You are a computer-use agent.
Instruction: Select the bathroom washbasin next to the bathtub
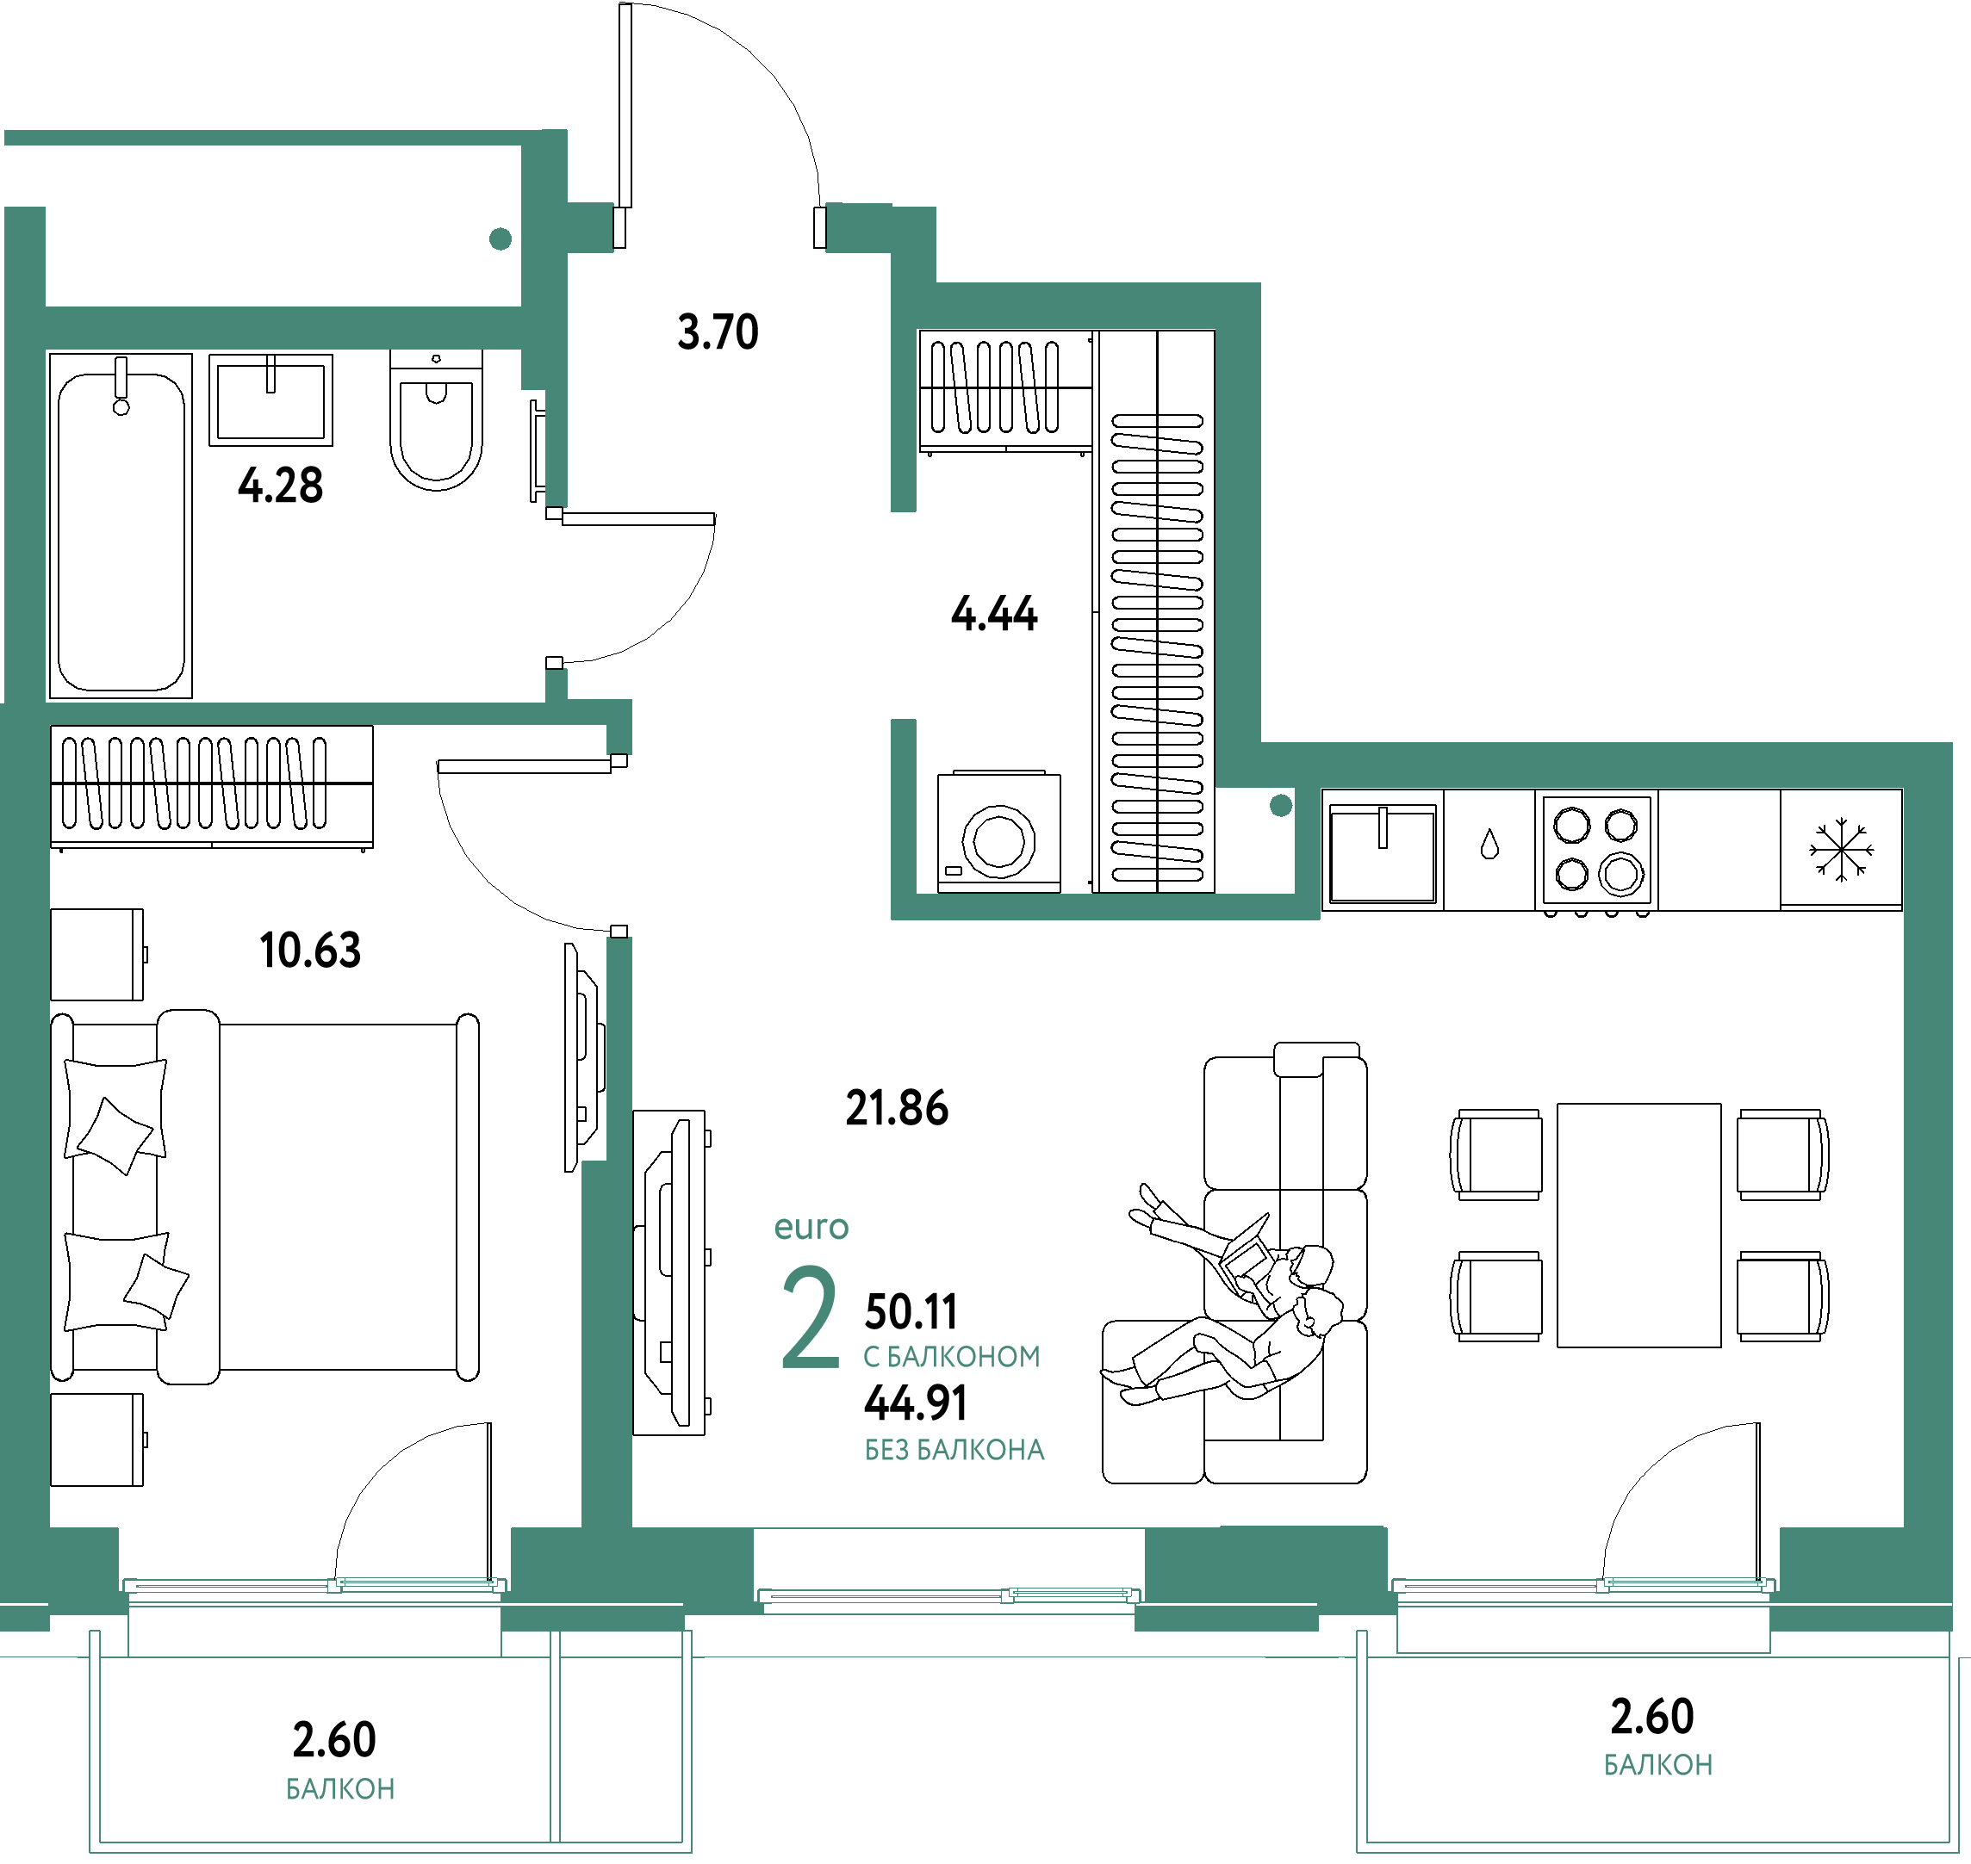coord(270,400)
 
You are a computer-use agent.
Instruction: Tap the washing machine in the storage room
coord(999,832)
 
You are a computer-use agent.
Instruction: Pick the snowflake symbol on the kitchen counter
coord(1841,850)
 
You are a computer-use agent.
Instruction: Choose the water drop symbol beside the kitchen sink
coord(1489,845)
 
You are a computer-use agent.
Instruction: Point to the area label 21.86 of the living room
coord(897,1108)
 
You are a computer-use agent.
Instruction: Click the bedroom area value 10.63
coord(310,950)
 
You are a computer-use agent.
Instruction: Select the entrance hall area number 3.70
coord(718,331)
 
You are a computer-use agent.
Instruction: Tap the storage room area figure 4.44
coord(994,613)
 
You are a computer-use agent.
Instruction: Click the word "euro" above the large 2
coord(811,1228)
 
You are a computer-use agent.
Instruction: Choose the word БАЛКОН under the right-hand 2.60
coord(1658,1765)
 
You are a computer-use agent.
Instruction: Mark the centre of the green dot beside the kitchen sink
coord(1281,806)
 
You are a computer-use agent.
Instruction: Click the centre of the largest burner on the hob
coord(1621,876)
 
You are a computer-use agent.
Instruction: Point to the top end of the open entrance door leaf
coord(625,4)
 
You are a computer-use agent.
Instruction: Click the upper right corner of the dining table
coord(1721,1103)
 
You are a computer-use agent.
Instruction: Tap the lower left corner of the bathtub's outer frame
coord(49,698)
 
